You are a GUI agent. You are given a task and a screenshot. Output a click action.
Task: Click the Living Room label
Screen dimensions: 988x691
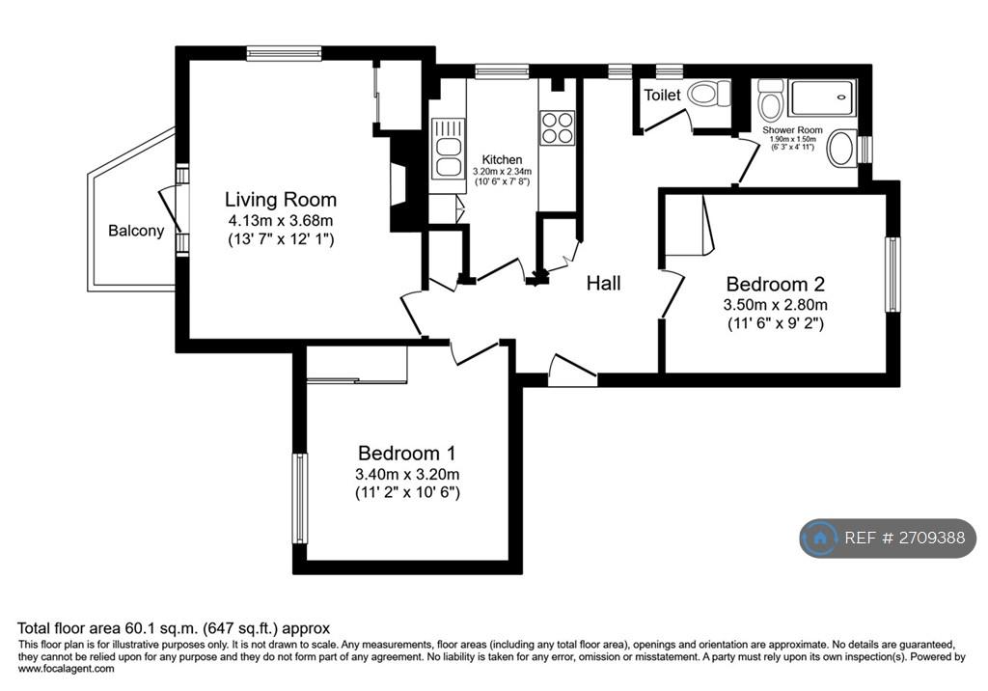click(281, 200)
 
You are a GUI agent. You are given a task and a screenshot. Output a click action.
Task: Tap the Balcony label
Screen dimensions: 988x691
click(136, 231)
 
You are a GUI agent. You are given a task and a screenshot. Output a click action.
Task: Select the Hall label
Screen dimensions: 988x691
click(604, 283)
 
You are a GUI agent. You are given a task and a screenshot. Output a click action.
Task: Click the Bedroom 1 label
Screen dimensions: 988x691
click(407, 453)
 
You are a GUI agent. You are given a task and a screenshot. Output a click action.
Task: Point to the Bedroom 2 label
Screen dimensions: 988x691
click(776, 285)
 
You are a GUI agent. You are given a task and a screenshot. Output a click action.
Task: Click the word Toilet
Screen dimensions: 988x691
click(662, 96)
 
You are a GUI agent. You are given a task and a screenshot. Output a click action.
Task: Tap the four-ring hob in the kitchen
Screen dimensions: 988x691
click(558, 128)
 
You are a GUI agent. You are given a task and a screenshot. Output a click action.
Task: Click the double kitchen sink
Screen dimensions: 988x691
click(448, 149)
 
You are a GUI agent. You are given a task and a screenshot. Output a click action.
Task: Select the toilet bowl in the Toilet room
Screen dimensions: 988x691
click(708, 95)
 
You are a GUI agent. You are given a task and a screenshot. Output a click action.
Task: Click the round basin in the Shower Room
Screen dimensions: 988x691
click(842, 149)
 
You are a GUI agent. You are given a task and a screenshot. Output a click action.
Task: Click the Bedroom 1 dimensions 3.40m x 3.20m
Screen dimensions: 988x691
click(407, 474)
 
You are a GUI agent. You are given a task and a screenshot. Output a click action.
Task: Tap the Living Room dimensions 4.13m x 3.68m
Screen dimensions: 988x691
click(281, 221)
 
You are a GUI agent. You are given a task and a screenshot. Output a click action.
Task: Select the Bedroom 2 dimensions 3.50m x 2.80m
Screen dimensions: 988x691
click(776, 305)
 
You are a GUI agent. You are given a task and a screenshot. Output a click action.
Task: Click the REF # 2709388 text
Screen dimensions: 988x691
click(905, 538)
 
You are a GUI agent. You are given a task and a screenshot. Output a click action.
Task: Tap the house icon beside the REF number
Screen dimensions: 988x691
click(820, 538)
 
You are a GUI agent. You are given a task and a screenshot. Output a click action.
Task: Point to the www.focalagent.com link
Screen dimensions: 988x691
click(67, 668)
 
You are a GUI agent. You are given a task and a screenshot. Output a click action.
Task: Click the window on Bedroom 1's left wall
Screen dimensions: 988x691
click(300, 498)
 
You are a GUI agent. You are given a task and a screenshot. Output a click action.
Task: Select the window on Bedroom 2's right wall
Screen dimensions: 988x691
click(892, 274)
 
